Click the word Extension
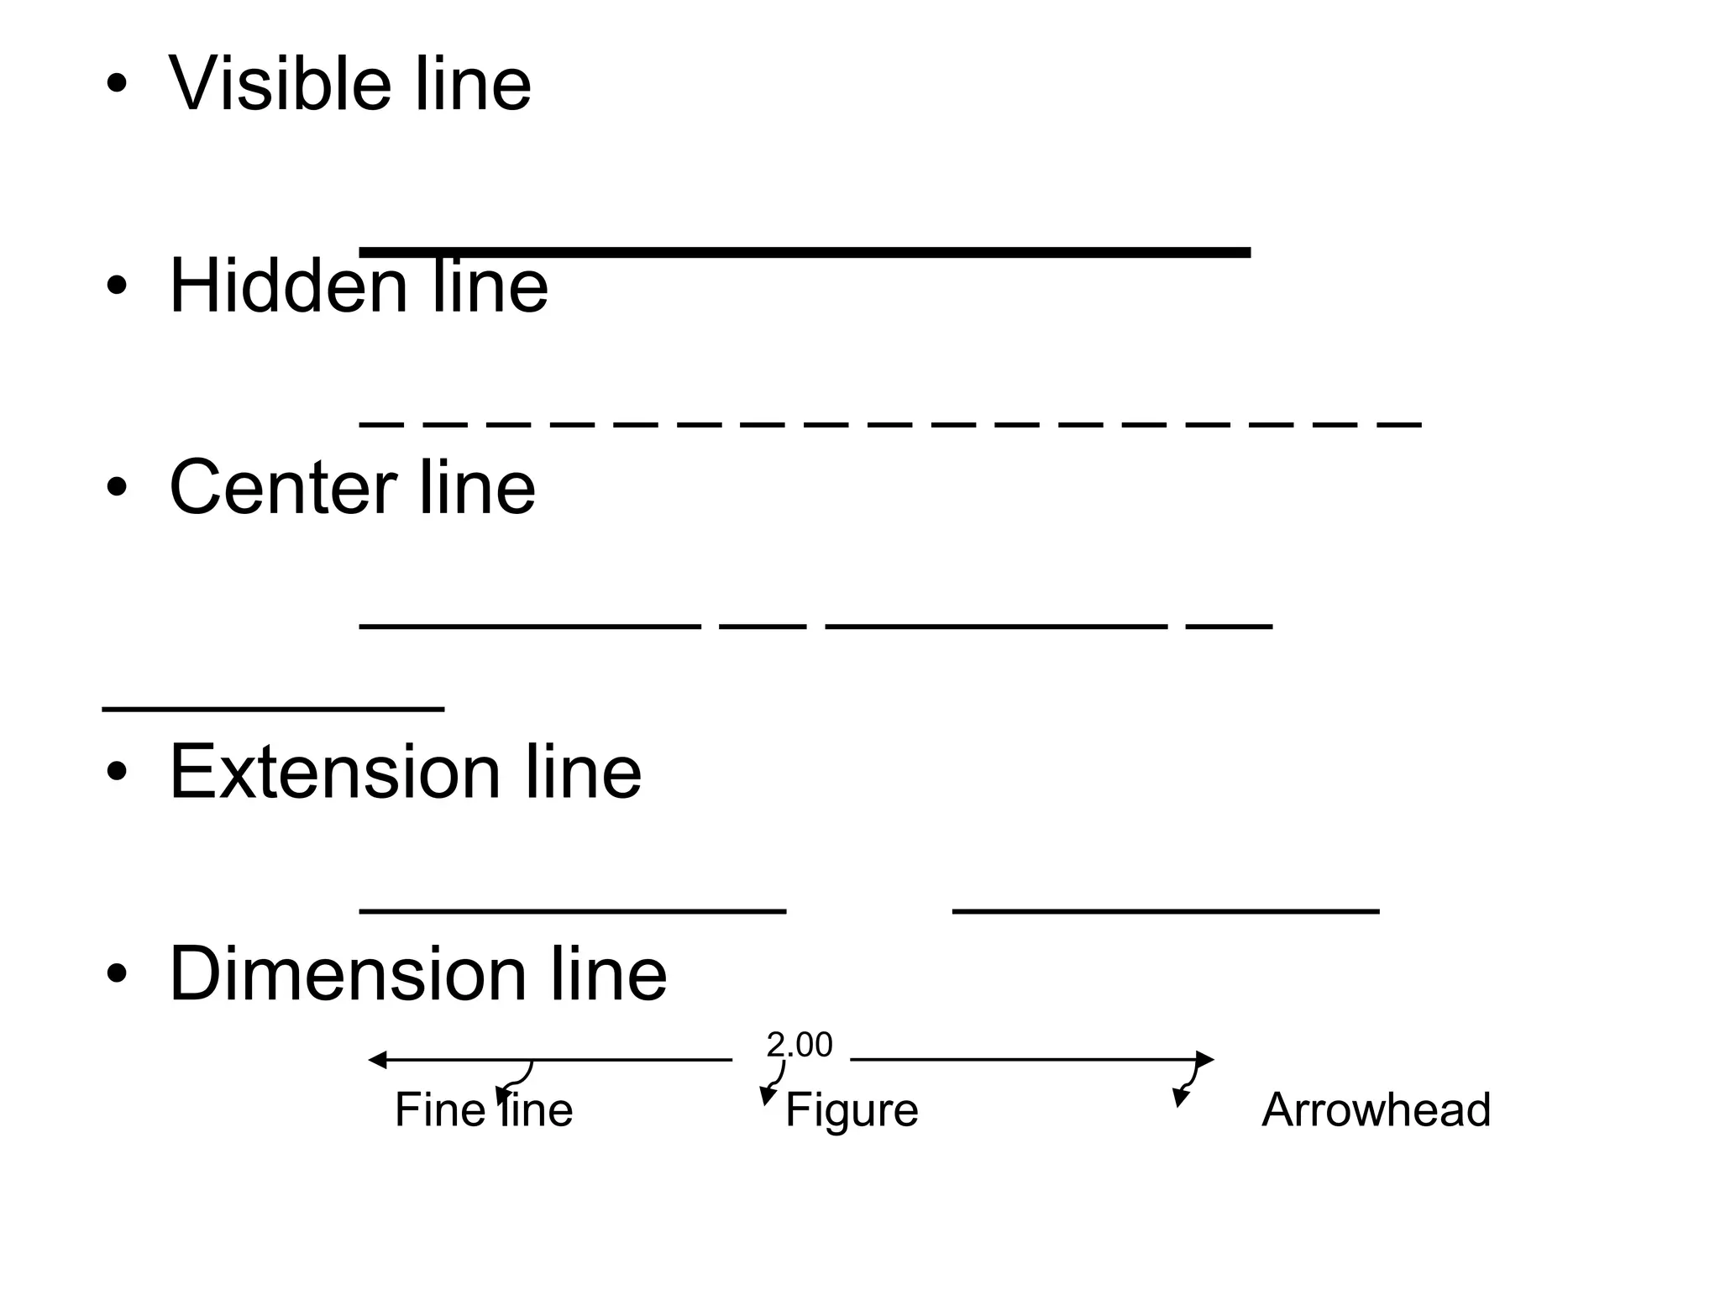[333, 771]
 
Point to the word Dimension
[347, 973]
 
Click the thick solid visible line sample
[805, 252]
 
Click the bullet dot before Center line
[117, 487]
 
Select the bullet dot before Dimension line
[117, 973]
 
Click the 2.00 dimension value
[799, 1045]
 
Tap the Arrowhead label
[1376, 1109]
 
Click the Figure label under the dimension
[852, 1109]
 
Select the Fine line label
[484, 1109]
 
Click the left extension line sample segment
[573, 910]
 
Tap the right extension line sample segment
[1166, 910]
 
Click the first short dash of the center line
[763, 627]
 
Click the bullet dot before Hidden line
[117, 286]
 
